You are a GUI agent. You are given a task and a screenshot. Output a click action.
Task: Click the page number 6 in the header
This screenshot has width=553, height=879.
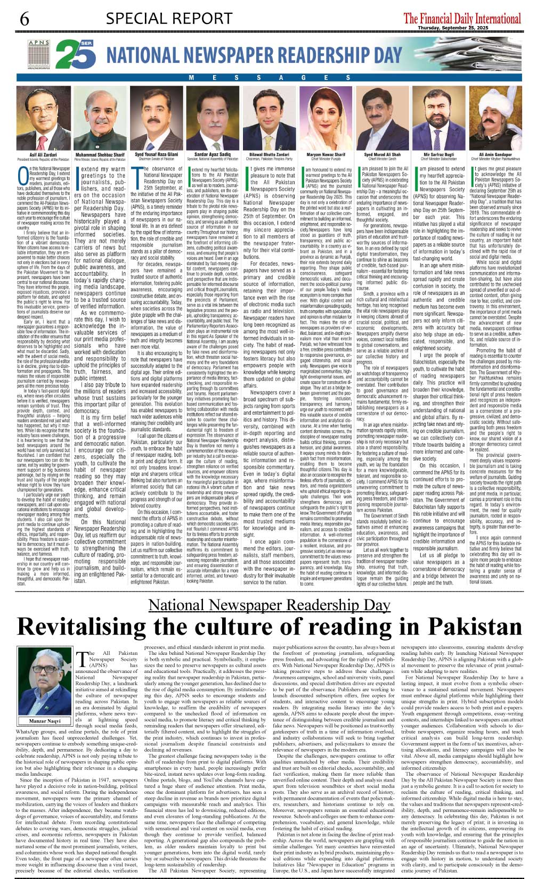(x=25, y=19)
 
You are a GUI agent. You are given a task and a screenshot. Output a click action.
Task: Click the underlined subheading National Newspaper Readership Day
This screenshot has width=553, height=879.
(x=270, y=605)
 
